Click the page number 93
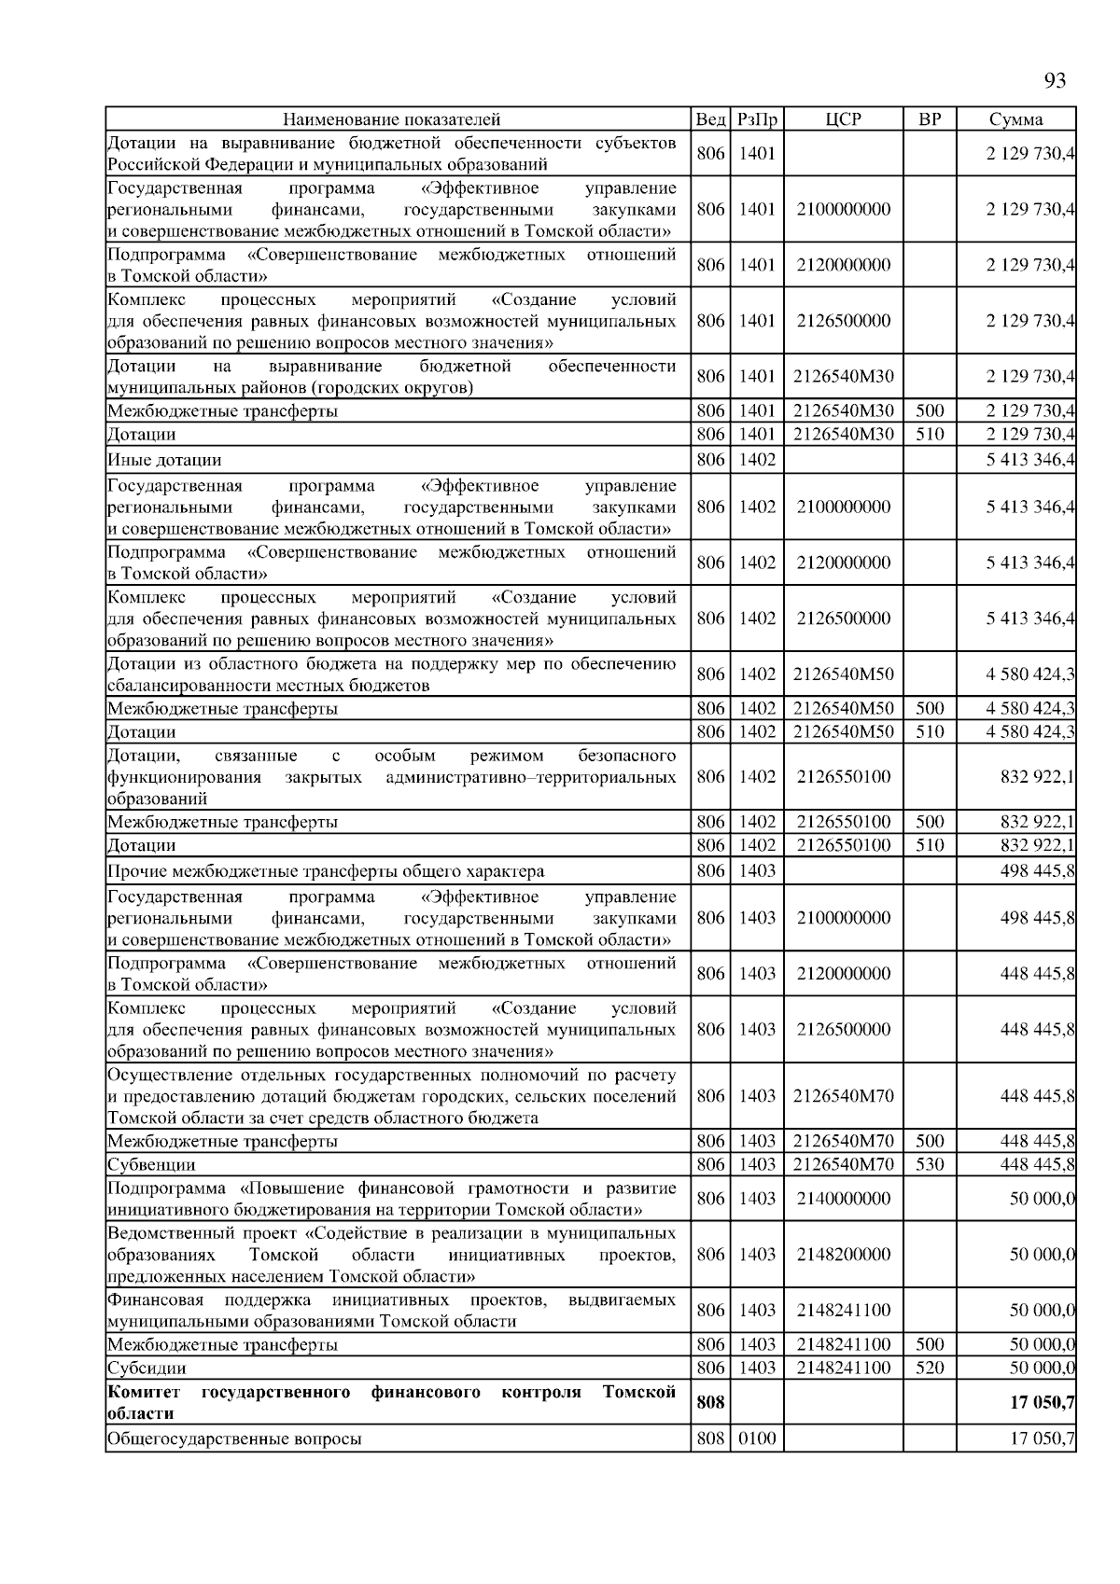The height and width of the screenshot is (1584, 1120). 1054,81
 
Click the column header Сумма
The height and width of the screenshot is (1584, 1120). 1015,119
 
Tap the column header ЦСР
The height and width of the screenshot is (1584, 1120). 843,119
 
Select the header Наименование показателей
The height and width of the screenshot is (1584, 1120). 392,119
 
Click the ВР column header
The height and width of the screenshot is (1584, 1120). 929,119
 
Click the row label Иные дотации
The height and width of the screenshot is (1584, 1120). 164,460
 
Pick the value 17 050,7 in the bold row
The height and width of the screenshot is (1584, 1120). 1042,1403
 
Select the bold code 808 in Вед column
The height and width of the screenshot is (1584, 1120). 710,1403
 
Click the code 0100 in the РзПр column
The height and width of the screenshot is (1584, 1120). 757,1439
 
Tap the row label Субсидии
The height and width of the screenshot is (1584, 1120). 147,1369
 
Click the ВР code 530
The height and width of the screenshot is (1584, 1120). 929,1165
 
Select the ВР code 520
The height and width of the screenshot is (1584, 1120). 929,1369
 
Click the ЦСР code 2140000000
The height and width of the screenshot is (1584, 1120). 843,1199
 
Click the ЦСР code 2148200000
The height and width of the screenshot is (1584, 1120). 843,1255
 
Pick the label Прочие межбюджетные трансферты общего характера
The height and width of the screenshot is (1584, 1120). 326,872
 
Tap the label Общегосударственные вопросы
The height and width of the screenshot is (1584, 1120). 234,1439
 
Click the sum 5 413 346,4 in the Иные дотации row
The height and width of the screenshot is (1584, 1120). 1029,460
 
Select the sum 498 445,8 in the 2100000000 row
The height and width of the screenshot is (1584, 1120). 1037,918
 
